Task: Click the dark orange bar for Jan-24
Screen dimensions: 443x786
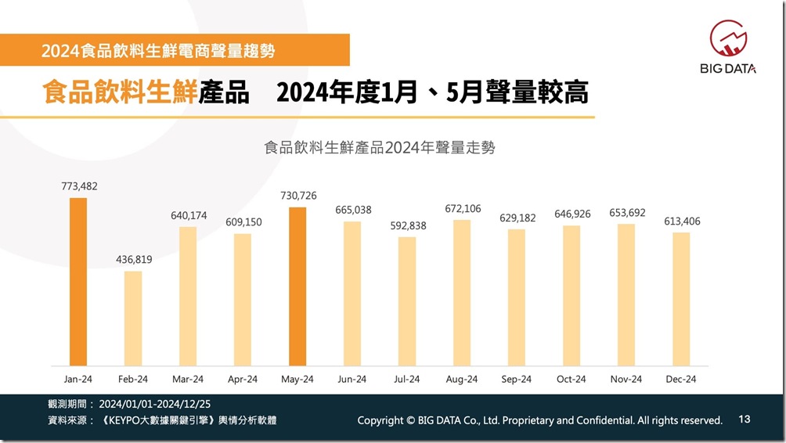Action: tap(78, 281)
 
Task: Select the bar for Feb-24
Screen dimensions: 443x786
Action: tap(133, 318)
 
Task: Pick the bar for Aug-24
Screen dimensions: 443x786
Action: tap(462, 292)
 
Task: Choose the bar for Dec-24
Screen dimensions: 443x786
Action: tap(681, 298)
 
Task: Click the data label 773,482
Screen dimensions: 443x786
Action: tap(79, 186)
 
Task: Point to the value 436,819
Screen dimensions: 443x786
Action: tap(133, 260)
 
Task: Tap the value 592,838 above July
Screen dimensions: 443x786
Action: tap(407, 225)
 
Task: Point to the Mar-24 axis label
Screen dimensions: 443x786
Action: tap(188, 379)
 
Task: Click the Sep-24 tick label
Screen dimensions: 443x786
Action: tap(517, 379)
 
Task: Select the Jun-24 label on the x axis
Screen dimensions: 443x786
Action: tap(352, 379)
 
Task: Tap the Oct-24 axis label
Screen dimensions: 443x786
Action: tap(571, 379)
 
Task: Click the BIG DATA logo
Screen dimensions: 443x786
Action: tap(727, 48)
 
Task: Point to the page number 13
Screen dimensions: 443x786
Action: tap(744, 420)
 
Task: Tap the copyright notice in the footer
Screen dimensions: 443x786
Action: tap(539, 420)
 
